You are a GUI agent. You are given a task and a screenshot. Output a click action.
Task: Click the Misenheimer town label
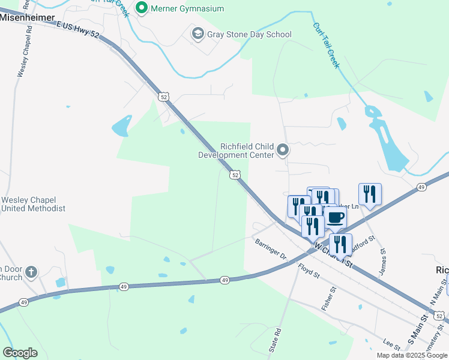click(x=26, y=18)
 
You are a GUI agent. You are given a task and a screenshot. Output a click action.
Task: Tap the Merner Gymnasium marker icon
click(x=142, y=8)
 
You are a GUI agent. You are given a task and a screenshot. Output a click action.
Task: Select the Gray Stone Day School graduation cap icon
click(x=197, y=34)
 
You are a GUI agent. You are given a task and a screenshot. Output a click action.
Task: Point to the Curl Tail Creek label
click(x=326, y=45)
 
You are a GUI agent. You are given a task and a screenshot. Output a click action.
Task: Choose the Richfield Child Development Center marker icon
click(x=283, y=150)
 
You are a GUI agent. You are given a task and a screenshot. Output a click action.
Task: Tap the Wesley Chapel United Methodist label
click(x=33, y=204)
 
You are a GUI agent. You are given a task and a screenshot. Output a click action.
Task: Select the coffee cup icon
click(x=335, y=217)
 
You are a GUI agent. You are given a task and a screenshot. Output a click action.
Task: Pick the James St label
click(x=382, y=263)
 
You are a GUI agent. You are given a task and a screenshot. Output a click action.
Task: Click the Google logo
click(x=20, y=353)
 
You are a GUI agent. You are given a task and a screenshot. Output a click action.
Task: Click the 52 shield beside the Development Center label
click(x=235, y=175)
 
